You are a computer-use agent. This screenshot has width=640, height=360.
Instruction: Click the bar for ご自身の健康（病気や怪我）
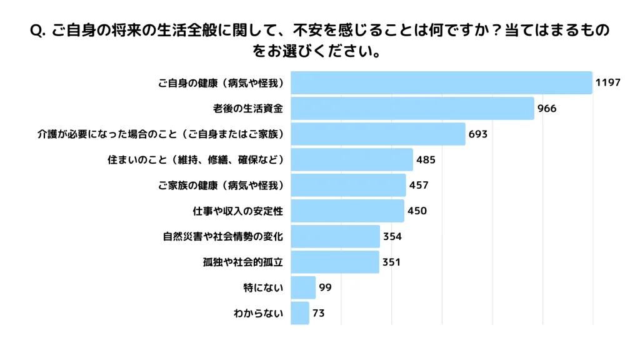441,82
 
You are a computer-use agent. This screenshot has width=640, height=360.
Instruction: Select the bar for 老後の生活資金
412,108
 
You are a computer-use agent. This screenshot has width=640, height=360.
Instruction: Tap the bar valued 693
378,134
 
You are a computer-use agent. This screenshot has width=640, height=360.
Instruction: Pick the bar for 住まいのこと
352,159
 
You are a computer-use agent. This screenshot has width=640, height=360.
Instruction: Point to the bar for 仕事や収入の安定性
347,211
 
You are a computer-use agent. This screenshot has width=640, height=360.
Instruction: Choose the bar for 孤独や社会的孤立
335,262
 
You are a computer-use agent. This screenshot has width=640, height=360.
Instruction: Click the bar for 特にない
303,287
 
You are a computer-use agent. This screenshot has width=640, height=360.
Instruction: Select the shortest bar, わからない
300,313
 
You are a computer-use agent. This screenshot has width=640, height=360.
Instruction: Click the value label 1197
607,82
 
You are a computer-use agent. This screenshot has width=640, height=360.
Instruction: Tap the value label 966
547,108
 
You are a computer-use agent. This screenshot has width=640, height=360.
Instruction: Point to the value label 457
419,185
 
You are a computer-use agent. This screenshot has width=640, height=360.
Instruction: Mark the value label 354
392,236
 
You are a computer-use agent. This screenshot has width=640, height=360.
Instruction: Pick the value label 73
319,313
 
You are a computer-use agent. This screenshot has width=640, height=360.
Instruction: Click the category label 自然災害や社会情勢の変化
223,236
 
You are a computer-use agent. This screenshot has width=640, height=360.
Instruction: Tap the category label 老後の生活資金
248,108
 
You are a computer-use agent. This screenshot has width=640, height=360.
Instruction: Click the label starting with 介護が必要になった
161,134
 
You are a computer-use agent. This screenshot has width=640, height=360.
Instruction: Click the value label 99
324,287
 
